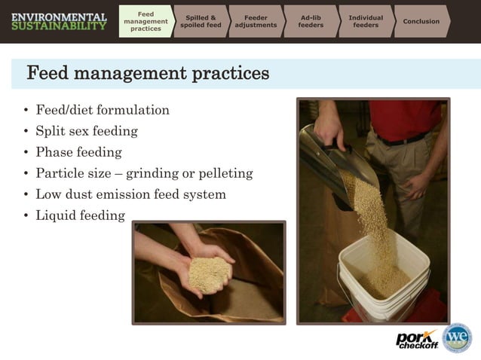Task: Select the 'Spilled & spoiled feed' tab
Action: click(201, 21)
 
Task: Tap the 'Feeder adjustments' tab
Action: click(256, 21)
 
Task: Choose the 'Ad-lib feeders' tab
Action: click(311, 21)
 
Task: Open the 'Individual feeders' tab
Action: click(366, 21)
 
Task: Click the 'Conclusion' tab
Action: click(421, 21)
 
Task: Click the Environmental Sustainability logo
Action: click(59, 21)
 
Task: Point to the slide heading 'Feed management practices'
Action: click(148, 74)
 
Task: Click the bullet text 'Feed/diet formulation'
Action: click(103, 110)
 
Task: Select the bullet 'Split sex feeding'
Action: click(87, 131)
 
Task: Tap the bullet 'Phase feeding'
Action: click(78, 152)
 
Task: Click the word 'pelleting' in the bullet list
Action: click(224, 173)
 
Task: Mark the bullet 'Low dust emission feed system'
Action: click(130, 194)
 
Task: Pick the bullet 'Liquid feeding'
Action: click(80, 215)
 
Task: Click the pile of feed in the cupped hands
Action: click(208, 273)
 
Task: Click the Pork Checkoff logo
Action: click(416, 339)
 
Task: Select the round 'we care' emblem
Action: click(457, 338)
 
